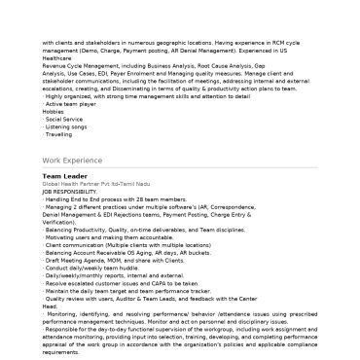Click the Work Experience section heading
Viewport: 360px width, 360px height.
pyautogui.click(x=73, y=159)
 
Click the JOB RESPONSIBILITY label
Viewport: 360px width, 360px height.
pyautogui.click(x=70, y=191)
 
